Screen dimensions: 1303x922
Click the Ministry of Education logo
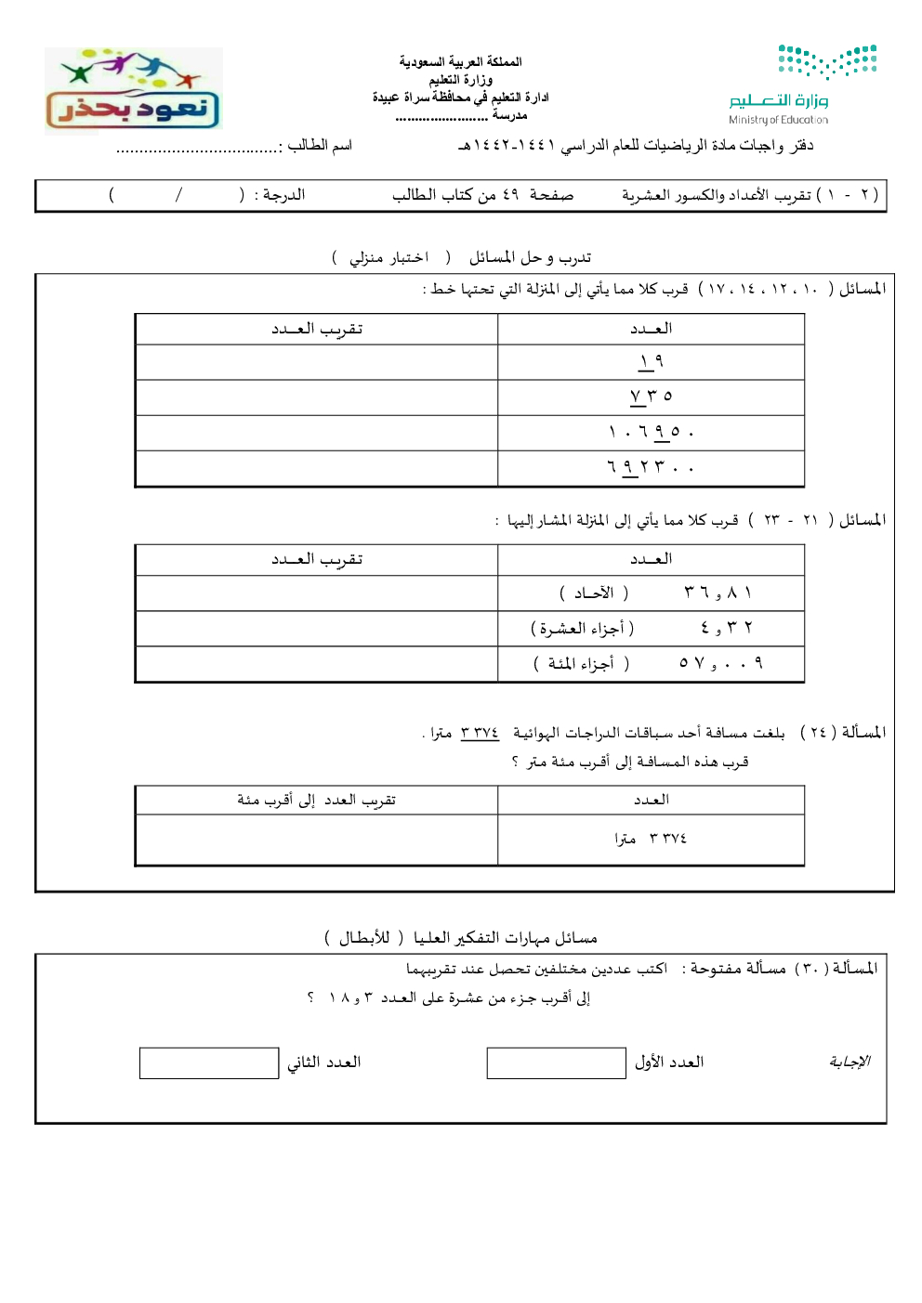pos(803,84)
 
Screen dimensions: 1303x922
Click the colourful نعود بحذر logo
pos(133,90)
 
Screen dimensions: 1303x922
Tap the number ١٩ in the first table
pos(651,361)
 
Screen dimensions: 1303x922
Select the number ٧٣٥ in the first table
pos(651,397)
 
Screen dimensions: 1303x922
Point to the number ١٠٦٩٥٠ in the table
pos(651,432)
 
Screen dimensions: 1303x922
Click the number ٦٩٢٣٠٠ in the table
pos(651,467)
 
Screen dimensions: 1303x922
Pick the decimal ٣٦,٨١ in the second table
pos(718,593)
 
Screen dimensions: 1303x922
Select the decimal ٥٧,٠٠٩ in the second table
pos(721,663)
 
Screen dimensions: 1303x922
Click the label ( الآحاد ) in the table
pos(594,593)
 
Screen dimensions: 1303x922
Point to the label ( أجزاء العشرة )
pos(583,629)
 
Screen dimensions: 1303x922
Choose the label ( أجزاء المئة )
pos(581,663)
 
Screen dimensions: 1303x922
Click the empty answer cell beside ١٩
pos(316,362)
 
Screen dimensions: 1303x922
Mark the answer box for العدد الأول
pos(556,1062)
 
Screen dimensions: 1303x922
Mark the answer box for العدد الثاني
pos(209,1062)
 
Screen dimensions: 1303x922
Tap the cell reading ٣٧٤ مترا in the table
pos(651,839)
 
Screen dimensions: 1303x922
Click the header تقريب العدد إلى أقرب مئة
pos(316,800)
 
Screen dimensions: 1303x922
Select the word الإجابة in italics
pos(850,1062)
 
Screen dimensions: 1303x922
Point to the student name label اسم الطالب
pos(319,145)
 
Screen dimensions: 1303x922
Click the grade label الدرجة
pos(283,194)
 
